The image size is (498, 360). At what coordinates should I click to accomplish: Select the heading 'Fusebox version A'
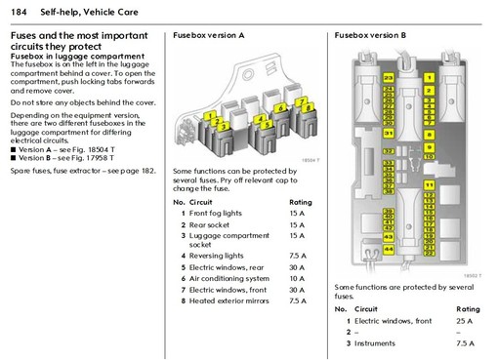[208, 34]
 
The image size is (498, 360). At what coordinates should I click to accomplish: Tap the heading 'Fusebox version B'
[370, 34]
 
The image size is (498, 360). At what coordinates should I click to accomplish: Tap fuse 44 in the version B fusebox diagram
[389, 250]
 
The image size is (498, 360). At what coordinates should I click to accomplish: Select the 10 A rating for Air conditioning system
[297, 278]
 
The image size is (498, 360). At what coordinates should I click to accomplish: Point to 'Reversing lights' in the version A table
[216, 256]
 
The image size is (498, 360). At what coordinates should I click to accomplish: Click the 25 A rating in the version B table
[465, 320]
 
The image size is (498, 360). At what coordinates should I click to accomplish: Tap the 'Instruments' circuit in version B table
[377, 342]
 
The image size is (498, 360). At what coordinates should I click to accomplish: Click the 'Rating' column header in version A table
[300, 202]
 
